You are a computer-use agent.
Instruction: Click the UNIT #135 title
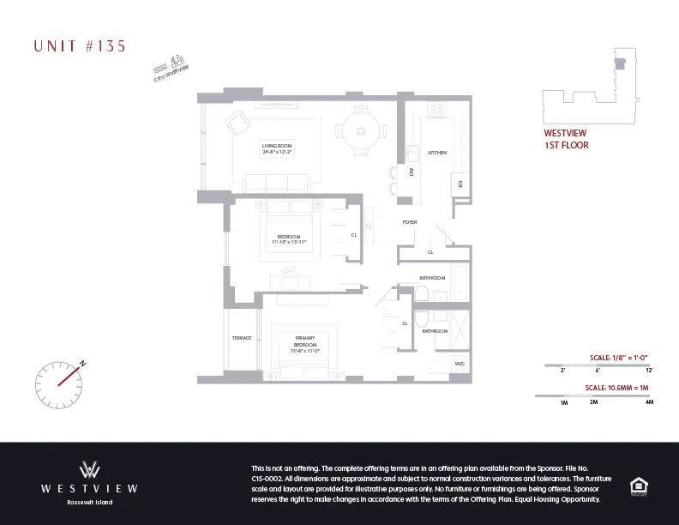pyautogui.click(x=80, y=46)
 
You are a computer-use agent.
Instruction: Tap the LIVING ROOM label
pyautogui.click(x=277, y=148)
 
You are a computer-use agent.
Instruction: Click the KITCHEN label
pyautogui.click(x=437, y=153)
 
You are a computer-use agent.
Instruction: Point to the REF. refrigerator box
pyautogui.click(x=460, y=184)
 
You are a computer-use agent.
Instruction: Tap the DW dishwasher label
pyautogui.click(x=412, y=172)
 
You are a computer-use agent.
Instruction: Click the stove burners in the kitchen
pyautogui.click(x=436, y=110)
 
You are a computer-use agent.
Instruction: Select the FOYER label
pyautogui.click(x=410, y=222)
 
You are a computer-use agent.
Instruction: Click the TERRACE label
pyautogui.click(x=242, y=338)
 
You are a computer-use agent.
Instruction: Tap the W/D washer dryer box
pyautogui.click(x=460, y=365)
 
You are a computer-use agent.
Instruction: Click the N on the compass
pyautogui.click(x=83, y=363)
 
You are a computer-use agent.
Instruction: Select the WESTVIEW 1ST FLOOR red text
pyautogui.click(x=567, y=140)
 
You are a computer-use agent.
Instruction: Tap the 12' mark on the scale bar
pyautogui.click(x=649, y=370)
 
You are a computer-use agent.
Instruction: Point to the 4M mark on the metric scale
pyautogui.click(x=649, y=401)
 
